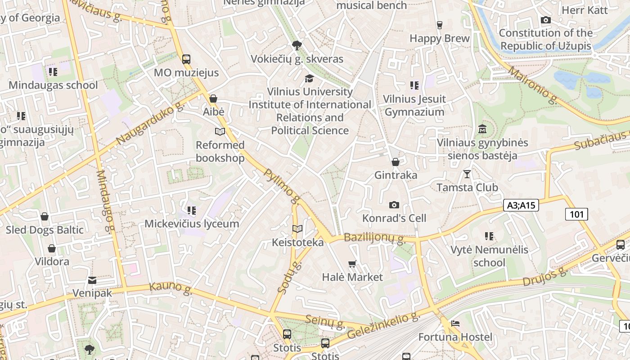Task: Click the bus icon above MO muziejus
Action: click(186, 59)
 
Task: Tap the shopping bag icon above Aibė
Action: click(213, 98)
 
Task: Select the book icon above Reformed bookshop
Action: click(220, 131)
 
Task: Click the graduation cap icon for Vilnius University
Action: click(309, 78)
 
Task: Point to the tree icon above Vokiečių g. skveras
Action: click(297, 45)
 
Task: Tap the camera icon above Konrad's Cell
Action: click(394, 205)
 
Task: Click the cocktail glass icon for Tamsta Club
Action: click(467, 174)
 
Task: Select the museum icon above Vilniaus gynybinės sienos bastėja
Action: click(482, 129)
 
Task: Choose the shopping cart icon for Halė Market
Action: click(352, 264)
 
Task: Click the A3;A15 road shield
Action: click(521, 205)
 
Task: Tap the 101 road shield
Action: click(576, 214)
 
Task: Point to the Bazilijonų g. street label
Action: click(374, 238)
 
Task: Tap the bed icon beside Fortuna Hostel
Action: click(455, 324)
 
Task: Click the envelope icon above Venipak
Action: click(92, 280)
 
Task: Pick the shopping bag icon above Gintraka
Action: click(396, 162)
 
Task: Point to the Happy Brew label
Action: click(439, 38)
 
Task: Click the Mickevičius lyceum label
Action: click(192, 224)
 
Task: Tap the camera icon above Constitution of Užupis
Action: click(545, 20)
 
